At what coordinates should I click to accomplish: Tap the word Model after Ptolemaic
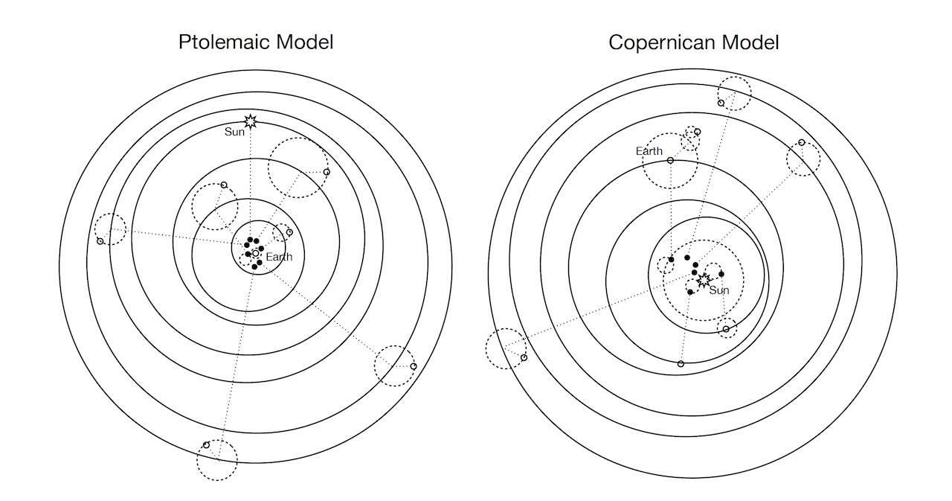tap(303, 42)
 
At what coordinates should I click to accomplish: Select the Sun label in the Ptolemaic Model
tap(235, 133)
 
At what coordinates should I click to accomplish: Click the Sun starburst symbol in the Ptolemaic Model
tap(251, 120)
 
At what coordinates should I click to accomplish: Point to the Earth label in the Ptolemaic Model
tap(279, 258)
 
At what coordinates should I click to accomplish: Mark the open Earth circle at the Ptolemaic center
tap(255, 254)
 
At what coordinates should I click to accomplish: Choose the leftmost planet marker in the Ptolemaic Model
tap(100, 241)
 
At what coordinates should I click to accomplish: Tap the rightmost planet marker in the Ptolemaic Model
tap(414, 366)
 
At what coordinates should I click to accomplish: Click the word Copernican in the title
tap(654, 42)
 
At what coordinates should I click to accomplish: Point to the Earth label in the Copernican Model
tap(649, 151)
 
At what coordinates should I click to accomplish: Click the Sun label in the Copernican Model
tap(719, 290)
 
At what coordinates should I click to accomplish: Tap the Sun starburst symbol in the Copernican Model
tap(703, 279)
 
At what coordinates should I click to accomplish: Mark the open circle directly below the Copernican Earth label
tap(670, 160)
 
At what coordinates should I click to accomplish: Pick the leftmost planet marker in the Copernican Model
tap(524, 358)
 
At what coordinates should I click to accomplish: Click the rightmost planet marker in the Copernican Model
tap(802, 142)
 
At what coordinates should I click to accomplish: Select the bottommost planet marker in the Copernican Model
tap(681, 364)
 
